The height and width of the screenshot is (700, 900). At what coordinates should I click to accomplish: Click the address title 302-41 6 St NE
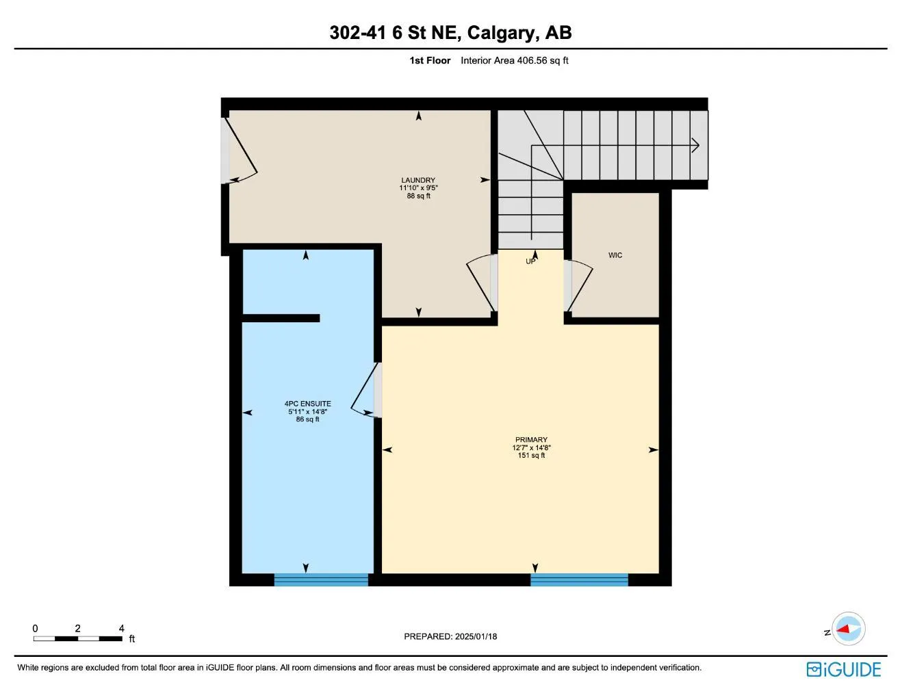(x=450, y=32)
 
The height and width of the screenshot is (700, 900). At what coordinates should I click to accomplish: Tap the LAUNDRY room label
(x=418, y=181)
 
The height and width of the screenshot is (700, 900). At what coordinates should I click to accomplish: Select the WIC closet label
(x=615, y=255)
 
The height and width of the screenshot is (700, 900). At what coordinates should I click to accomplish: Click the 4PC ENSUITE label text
(x=308, y=404)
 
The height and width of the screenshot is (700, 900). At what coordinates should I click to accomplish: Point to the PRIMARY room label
(x=531, y=440)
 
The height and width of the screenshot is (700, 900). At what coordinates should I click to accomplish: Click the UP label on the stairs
(x=530, y=261)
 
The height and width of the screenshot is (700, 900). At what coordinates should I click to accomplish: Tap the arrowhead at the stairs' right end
(x=695, y=145)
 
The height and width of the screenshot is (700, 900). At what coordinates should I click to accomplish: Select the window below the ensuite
(x=321, y=580)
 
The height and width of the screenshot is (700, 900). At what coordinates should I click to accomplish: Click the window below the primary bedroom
(x=579, y=580)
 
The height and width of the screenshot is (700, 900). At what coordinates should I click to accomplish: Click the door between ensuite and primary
(x=365, y=391)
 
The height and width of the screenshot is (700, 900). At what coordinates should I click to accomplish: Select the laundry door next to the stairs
(x=482, y=284)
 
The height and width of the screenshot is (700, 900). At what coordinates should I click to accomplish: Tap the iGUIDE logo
(x=843, y=669)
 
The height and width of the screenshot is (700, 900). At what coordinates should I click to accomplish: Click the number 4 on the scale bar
(x=122, y=628)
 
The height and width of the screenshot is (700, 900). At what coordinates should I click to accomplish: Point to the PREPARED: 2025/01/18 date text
(x=450, y=636)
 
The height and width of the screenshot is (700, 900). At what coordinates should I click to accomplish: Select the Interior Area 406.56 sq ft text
(x=515, y=60)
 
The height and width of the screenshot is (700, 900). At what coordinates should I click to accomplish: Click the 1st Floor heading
(x=430, y=60)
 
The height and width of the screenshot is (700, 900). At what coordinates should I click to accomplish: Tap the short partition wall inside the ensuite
(x=281, y=318)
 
